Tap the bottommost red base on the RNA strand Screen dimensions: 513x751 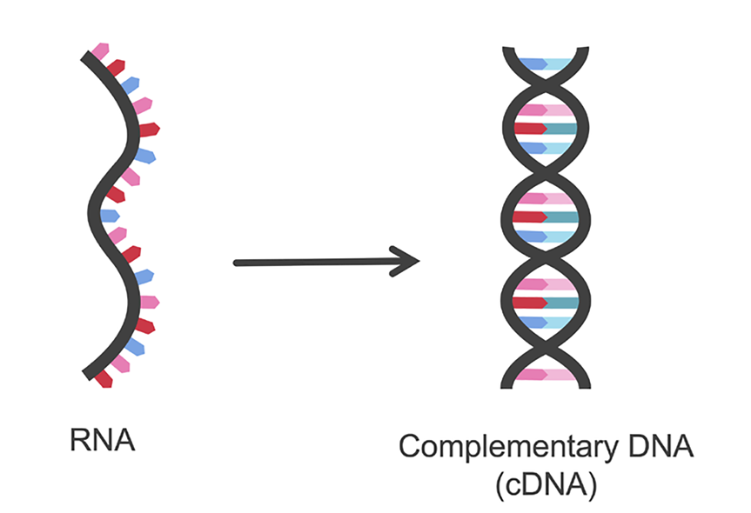[x=104, y=379]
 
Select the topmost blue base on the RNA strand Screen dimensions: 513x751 [x=130, y=84]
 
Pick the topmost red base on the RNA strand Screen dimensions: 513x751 [x=115, y=66]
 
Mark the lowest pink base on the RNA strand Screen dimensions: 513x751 [x=119, y=363]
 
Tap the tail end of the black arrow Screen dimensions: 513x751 [x=238, y=263]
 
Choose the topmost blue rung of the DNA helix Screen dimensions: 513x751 [x=546, y=63]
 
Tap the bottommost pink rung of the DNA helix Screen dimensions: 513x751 [x=546, y=375]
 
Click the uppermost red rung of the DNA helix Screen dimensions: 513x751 [x=546, y=129]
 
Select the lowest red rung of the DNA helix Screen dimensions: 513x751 [x=546, y=303]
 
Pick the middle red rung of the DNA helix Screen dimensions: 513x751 [x=546, y=217]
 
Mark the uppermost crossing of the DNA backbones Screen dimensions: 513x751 [x=546, y=85]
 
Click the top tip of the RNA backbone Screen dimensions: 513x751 [x=85, y=57]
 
